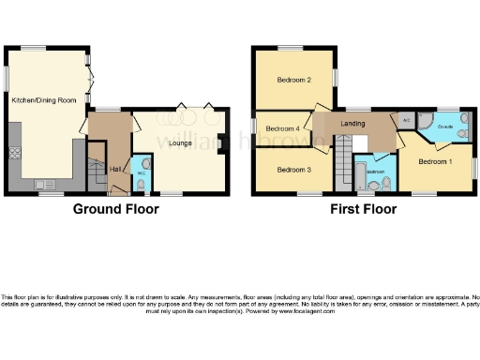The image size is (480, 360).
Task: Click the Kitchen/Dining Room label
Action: (x=44, y=98)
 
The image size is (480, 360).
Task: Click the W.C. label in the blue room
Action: (x=141, y=172)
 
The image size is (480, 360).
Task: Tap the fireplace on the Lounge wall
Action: (x=219, y=143)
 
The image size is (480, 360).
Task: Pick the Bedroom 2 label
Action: (x=294, y=80)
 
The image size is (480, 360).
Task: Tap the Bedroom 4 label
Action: (x=282, y=128)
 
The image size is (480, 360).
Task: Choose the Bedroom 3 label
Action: (x=294, y=170)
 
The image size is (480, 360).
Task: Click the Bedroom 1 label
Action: (x=435, y=161)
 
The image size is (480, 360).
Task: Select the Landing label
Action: (x=352, y=124)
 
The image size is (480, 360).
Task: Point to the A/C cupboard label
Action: (x=406, y=120)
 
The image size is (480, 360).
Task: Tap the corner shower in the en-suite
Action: (x=425, y=121)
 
